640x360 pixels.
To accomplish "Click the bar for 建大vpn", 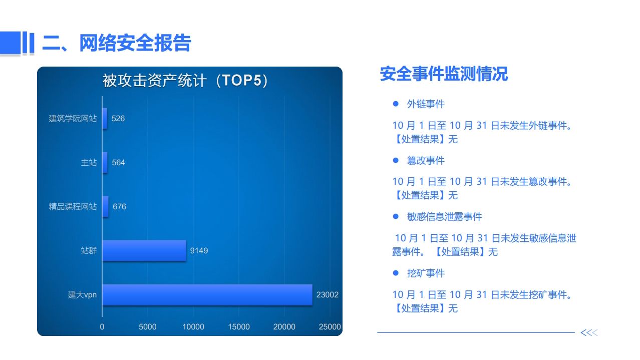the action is pos(207,295).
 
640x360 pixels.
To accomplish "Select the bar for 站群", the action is pos(144,250).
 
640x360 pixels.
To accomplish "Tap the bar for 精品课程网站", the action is pos(106,207).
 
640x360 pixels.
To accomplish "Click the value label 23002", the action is pos(327,294).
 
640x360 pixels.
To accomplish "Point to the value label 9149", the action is pos(199,250).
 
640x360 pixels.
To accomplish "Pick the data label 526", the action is pos(118,118).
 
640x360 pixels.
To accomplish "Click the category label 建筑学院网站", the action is pos(73,118).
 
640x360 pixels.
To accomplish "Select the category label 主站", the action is pos(89,163).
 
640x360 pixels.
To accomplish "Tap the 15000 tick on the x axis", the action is pos(238,326).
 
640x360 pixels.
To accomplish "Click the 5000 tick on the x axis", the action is pos(147,326).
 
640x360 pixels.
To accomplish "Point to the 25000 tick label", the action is pos(330,326).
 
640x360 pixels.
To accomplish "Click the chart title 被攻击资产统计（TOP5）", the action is pos(185,80).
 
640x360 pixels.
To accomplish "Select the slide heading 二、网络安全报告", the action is pos(117,43).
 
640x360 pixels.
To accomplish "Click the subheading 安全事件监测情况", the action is pos(444,74).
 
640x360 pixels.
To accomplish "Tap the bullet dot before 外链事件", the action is pos(396,104).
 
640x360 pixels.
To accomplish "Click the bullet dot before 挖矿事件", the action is pos(396,273).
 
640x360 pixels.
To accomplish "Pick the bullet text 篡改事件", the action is pos(426,161).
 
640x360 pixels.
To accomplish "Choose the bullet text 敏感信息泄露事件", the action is pos(445,217).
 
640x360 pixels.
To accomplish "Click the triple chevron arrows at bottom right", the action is pos(589,332).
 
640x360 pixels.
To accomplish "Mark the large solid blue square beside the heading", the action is pos(11,43).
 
